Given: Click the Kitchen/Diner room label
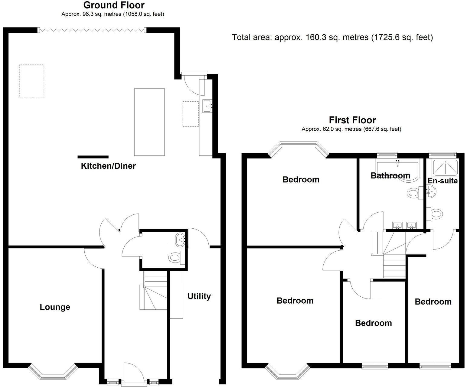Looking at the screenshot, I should pyautogui.click(x=108, y=166).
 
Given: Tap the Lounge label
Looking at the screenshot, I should pyautogui.click(x=55, y=307).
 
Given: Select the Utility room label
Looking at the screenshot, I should pyautogui.click(x=199, y=296).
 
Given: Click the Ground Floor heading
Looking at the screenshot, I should pyautogui.click(x=114, y=5).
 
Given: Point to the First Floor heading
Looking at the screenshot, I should pyautogui.click(x=352, y=120).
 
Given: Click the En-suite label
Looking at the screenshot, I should pyautogui.click(x=443, y=181).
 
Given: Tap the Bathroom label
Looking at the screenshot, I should pyautogui.click(x=390, y=175).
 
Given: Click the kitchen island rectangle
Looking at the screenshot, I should pyautogui.click(x=149, y=122).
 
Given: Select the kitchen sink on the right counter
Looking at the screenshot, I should pyautogui.click(x=207, y=106).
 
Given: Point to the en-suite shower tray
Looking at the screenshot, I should pyautogui.click(x=444, y=167).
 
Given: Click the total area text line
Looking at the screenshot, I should pyautogui.click(x=332, y=37).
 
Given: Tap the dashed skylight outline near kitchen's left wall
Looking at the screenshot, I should pyautogui.click(x=31, y=81).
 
